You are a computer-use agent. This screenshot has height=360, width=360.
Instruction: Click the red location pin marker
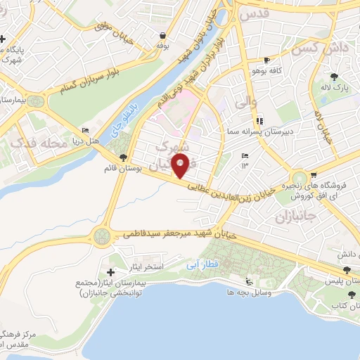tap(181, 166)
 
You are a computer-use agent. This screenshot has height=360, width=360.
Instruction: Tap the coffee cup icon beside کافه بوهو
tap(266, 60)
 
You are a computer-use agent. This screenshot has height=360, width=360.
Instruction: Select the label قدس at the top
tap(254, 13)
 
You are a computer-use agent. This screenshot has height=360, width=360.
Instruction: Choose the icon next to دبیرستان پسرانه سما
tap(260, 121)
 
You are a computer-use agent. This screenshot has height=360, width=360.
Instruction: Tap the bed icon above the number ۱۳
tap(245, 155)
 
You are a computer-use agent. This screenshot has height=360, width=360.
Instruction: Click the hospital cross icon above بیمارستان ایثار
tap(110, 271)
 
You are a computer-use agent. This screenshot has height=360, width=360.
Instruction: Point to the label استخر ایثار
tap(148, 267)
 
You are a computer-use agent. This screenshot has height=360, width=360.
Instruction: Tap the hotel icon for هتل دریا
tap(86, 131)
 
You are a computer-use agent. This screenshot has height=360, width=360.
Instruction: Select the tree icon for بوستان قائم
tap(124, 157)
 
